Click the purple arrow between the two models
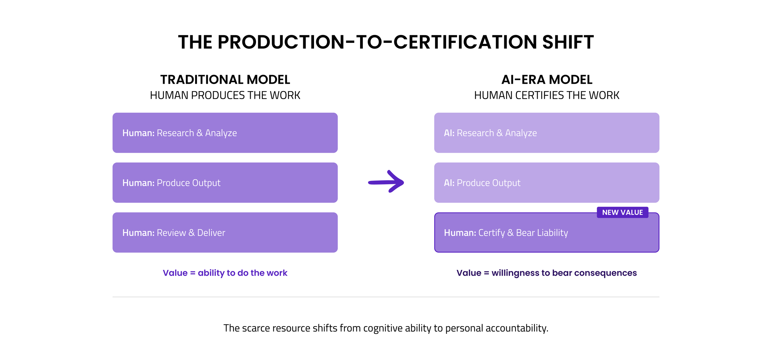386,182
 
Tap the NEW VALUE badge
622,212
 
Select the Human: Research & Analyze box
225,133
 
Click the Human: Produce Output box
225,183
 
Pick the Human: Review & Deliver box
225,232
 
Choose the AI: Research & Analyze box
547,133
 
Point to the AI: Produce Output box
547,183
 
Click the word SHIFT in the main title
568,42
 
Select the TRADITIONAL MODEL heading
225,80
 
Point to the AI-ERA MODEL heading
547,80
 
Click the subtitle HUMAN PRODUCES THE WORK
225,95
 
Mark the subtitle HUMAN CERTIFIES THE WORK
547,95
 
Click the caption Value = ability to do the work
225,273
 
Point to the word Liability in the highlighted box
552,233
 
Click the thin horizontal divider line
386,297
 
